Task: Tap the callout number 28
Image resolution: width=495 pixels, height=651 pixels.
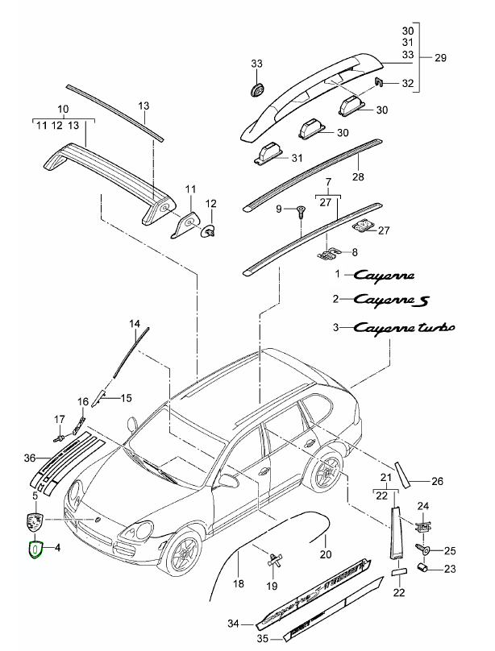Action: (x=358, y=176)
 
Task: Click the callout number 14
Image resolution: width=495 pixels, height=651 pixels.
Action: (x=135, y=323)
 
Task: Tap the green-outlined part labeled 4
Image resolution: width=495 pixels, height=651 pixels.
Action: (x=35, y=551)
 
